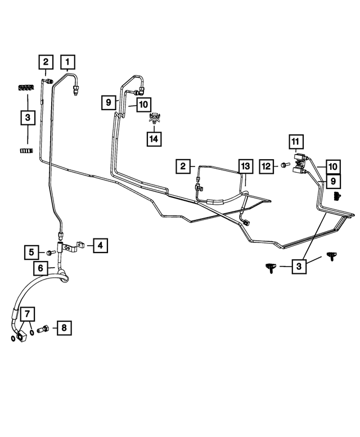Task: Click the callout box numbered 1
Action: click(x=67, y=62)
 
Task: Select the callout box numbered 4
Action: click(x=100, y=245)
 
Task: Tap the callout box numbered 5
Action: click(x=31, y=252)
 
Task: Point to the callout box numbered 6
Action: click(x=40, y=268)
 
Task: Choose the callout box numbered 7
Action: click(x=28, y=314)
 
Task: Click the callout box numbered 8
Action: click(x=64, y=327)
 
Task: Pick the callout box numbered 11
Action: click(x=296, y=142)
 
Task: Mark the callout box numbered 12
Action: click(x=267, y=166)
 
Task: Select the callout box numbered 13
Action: click(x=245, y=166)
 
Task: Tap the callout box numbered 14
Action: click(x=154, y=139)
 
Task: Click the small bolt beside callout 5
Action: click(x=51, y=253)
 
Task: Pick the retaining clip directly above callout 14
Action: click(x=154, y=118)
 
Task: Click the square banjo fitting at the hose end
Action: click(x=22, y=336)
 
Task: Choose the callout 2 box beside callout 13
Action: click(x=183, y=166)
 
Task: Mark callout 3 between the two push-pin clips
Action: click(x=299, y=267)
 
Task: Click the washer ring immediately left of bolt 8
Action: click(x=32, y=332)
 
